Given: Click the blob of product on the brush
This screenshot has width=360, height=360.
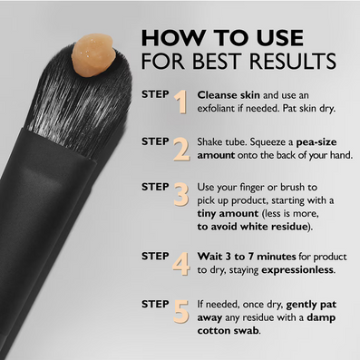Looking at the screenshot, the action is (93, 55).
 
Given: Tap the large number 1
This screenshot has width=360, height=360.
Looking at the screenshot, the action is (181, 102).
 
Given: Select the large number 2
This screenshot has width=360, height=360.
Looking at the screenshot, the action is (182, 149).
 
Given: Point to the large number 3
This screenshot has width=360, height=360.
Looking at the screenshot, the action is (181, 195).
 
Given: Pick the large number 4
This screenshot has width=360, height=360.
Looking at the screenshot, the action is (181, 264).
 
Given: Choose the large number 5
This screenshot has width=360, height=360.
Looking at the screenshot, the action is (181, 311).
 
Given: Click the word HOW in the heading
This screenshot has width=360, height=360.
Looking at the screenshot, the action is (172, 38).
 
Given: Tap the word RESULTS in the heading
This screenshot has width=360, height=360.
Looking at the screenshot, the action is (293, 61).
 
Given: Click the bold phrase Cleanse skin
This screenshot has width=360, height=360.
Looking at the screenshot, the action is (229, 95).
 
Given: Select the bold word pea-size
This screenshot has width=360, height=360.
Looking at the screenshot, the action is (316, 142).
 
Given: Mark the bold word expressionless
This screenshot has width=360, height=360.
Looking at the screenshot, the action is (297, 269).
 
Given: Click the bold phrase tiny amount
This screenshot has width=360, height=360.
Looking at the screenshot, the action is (228, 213).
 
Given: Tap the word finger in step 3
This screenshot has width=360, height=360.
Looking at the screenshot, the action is (254, 188).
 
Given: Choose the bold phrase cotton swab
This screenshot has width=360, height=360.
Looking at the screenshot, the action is (229, 330).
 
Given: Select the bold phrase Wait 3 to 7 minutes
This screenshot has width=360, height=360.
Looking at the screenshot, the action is (247, 257).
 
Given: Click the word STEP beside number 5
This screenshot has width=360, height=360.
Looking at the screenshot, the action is (155, 304).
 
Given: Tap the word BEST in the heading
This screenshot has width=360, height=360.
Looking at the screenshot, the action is (219, 61).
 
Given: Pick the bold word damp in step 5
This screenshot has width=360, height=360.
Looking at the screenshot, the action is (321, 318).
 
